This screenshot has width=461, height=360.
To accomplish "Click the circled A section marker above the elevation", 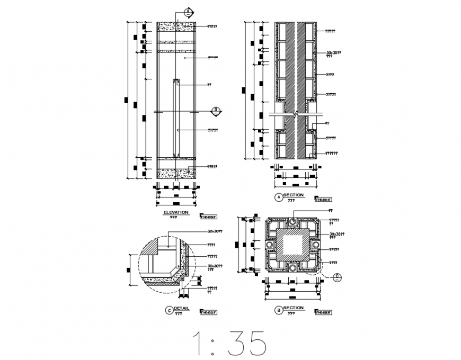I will (187, 11).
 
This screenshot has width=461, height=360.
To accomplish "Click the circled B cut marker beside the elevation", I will (216, 111).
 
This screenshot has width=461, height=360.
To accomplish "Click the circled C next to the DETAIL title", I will (169, 311).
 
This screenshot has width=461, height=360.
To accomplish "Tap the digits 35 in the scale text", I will (247, 344).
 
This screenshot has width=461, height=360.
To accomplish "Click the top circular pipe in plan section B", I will (292, 221).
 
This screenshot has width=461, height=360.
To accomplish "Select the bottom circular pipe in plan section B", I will (292, 268).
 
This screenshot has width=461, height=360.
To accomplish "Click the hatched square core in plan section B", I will (292, 245).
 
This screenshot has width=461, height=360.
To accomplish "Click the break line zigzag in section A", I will (296, 113).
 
